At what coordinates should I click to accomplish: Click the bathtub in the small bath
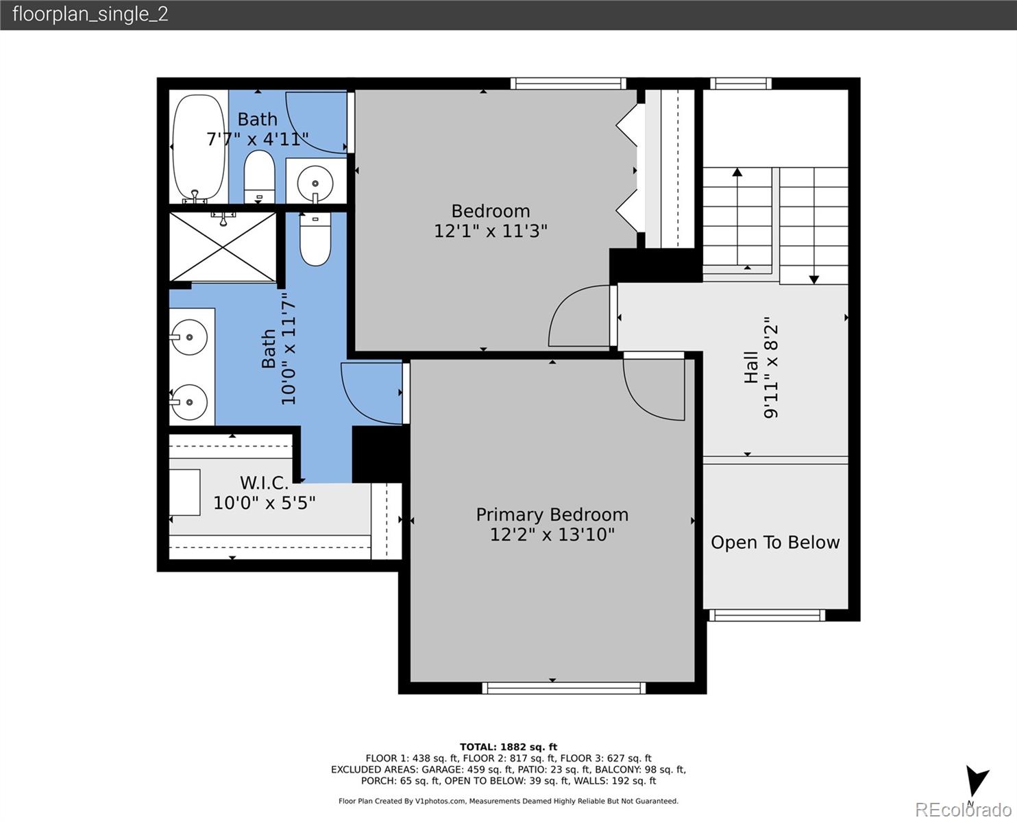pyautogui.click(x=198, y=147)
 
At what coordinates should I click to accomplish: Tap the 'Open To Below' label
pyautogui.click(x=775, y=543)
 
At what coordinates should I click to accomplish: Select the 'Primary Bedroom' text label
pyautogui.click(x=552, y=514)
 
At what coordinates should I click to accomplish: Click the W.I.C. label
pyautogui.click(x=264, y=484)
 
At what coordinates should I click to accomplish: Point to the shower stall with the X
pyautogui.click(x=223, y=247)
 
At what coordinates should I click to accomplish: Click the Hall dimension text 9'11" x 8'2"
pyautogui.click(x=772, y=367)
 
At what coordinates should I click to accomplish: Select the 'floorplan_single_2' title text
pyautogui.click(x=90, y=14)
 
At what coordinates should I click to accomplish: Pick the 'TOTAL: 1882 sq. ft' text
pyautogui.click(x=508, y=747)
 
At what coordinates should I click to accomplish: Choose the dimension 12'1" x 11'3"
pyautogui.click(x=491, y=231)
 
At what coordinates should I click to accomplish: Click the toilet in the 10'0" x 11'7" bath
pyautogui.click(x=315, y=239)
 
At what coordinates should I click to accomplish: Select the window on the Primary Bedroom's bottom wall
pyautogui.click(x=563, y=688)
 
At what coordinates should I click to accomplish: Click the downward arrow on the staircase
pyautogui.click(x=813, y=226)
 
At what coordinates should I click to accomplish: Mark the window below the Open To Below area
pyautogui.click(x=766, y=615)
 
